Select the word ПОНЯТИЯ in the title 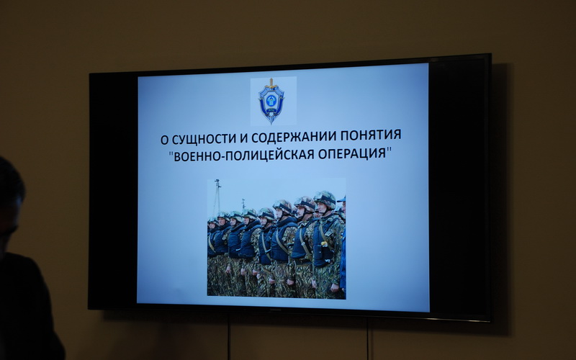coord(371,135)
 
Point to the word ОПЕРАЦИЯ coord(351,153)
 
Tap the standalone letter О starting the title coord(164,140)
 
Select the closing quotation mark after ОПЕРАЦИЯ coord(389,150)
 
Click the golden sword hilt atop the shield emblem coord(271,83)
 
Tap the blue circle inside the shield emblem coord(271,100)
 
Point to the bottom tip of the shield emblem coord(271,122)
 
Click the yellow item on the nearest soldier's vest coord(324,243)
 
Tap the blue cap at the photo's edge coord(342,199)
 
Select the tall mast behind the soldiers coord(217,197)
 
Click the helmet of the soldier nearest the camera coord(325,199)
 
